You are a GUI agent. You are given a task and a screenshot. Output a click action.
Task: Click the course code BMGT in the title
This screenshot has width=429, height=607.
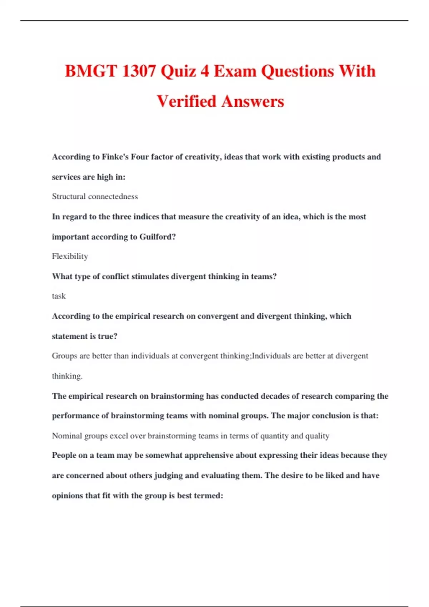pyautogui.click(x=91, y=71)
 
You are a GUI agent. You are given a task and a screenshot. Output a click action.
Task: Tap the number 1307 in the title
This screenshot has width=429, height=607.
pyautogui.click(x=139, y=71)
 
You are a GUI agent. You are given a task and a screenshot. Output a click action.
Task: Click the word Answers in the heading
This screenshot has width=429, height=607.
pyautogui.click(x=253, y=101)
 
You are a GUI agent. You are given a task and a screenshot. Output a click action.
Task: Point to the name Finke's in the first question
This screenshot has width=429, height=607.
pyautogui.click(x=115, y=157)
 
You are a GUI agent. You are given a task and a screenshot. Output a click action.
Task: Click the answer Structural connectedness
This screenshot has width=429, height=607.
pyautogui.click(x=95, y=196)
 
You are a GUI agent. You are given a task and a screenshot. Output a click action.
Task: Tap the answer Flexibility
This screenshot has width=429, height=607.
pyautogui.click(x=70, y=256)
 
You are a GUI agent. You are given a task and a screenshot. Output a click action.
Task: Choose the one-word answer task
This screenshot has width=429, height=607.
pyautogui.click(x=59, y=296)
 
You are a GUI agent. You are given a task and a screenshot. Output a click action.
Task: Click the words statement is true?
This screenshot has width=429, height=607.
pyautogui.click(x=84, y=336)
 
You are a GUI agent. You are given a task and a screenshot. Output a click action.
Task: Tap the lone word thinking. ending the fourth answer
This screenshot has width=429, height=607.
pyautogui.click(x=67, y=376)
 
